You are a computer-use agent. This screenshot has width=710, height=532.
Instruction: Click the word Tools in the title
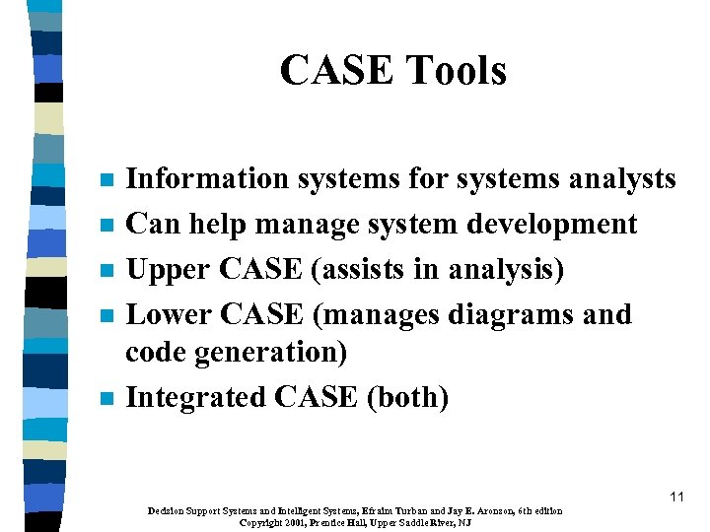454,71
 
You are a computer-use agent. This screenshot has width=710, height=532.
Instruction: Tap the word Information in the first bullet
207,178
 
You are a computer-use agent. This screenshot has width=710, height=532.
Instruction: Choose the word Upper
168,269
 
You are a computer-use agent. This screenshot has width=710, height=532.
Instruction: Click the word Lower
170,314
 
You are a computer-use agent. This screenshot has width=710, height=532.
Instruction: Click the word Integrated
196,397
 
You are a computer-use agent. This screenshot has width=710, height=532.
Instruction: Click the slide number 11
675,497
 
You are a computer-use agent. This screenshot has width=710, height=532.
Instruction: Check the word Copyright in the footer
261,522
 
